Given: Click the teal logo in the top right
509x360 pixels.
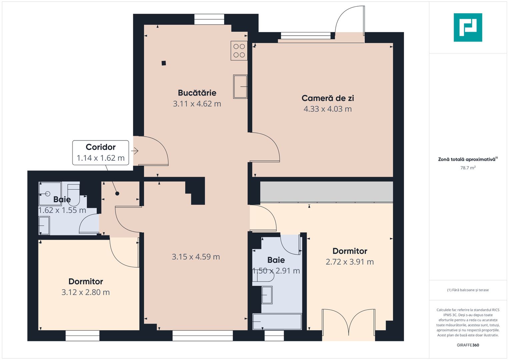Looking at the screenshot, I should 468,27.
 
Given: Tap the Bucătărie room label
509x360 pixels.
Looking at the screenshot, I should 197,93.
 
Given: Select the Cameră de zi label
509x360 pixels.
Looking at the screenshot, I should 328,98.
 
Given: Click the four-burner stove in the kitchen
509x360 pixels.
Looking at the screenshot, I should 239,51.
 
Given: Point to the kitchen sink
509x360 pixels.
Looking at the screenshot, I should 240,87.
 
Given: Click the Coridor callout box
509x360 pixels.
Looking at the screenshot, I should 101,152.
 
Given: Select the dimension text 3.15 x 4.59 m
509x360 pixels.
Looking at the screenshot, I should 196,257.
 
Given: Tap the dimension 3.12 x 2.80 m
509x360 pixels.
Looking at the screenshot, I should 86,292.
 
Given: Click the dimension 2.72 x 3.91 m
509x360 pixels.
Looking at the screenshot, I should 350,262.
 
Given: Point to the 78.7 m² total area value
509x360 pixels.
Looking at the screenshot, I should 468,168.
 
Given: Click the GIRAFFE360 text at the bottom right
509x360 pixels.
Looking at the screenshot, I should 468,345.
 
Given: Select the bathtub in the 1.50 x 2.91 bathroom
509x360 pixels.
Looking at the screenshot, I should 277,322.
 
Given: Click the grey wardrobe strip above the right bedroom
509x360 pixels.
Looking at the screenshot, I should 326,192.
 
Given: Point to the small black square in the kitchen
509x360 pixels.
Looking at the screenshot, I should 164,63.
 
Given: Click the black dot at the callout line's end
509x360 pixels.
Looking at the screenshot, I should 117,193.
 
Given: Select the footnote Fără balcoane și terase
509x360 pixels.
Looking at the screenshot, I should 468,290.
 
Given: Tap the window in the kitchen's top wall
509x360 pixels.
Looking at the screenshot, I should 209,19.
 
